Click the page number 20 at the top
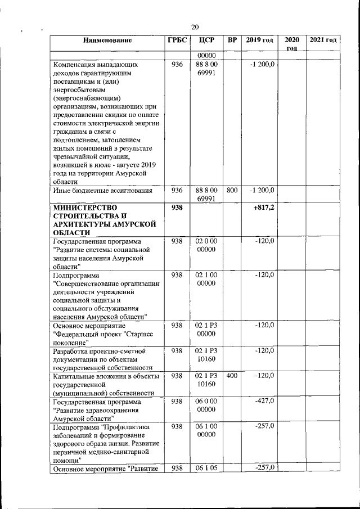point(195,26)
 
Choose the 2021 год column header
point(323,40)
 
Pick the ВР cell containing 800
point(232,191)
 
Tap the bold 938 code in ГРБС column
point(177,208)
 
